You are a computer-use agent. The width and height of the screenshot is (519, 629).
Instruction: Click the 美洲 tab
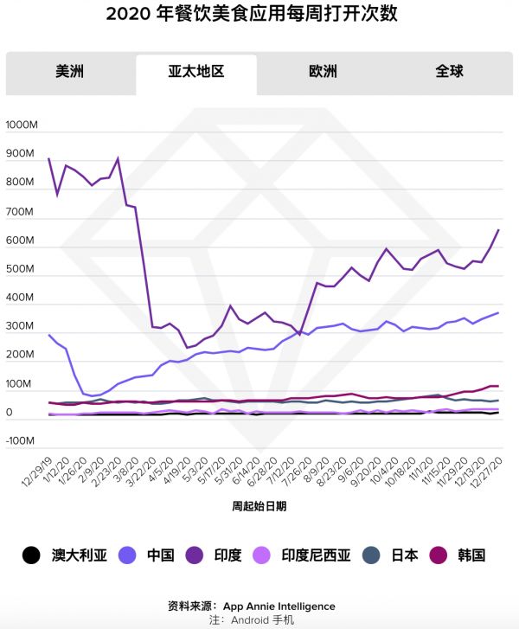tap(69, 71)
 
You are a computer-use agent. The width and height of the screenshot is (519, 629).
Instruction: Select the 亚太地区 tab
tap(196, 71)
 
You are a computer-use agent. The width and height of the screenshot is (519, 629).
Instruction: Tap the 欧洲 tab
tap(323, 71)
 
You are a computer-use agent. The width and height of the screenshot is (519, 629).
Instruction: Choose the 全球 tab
tap(450, 71)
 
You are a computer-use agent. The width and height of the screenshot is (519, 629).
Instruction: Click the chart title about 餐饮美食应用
tap(259, 16)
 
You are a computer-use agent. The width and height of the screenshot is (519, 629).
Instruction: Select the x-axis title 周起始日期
tap(259, 506)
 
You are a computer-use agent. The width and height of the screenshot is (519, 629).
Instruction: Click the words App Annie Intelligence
tap(279, 607)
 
